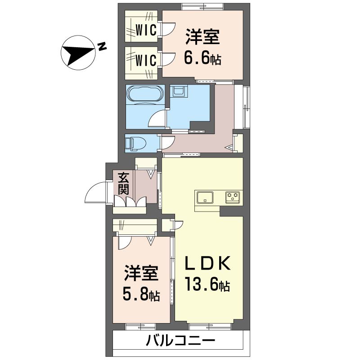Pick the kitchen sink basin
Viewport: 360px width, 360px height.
pos(205,197)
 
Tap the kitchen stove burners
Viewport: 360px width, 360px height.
pos(233,197)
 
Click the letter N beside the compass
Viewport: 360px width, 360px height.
pos(102,46)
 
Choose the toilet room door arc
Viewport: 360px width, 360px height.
pos(165,143)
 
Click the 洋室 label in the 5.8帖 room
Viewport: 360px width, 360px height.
pos(141,272)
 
